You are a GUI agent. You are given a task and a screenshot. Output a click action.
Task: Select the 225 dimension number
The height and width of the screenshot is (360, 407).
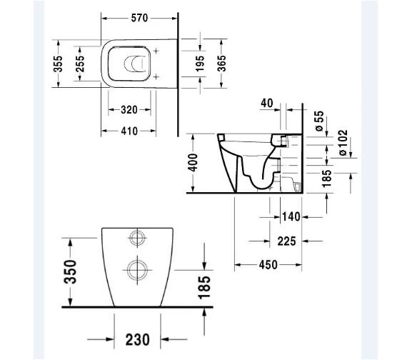[286, 242]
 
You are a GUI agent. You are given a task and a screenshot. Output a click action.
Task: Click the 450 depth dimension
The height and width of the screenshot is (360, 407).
[268, 265]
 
